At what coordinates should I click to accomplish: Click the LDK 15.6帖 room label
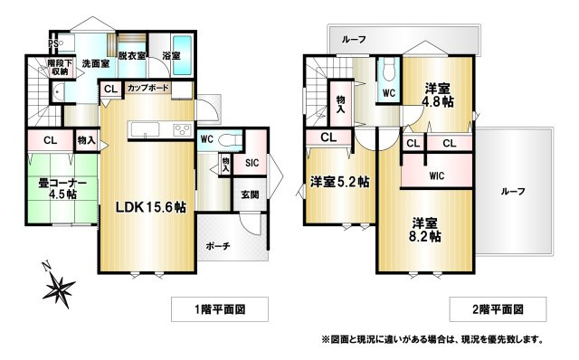(151, 207)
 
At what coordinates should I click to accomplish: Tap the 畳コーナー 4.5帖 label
(62, 188)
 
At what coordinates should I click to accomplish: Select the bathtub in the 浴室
(182, 54)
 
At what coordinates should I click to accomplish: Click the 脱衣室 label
(132, 56)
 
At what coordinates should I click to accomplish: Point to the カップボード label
(148, 88)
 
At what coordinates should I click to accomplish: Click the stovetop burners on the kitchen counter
(183, 129)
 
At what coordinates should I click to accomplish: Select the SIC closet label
(252, 163)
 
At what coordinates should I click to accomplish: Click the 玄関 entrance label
(250, 194)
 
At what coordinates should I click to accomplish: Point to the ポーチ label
(218, 246)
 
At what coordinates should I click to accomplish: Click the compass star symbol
(59, 288)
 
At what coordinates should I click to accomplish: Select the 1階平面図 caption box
(220, 309)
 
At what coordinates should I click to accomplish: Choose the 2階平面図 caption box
(498, 309)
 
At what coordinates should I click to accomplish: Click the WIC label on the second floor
(436, 175)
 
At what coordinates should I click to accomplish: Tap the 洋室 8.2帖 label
(424, 230)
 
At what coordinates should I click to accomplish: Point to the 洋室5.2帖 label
(339, 182)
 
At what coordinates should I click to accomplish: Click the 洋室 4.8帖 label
(438, 95)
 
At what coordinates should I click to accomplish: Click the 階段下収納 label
(60, 67)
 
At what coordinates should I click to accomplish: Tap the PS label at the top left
(53, 43)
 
